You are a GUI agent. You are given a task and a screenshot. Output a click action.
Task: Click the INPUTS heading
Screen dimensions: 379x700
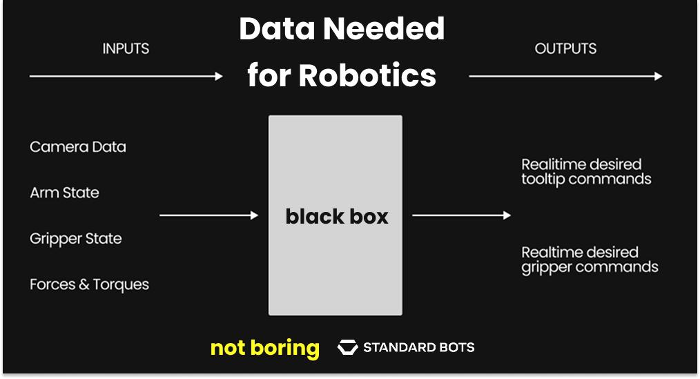coord(126,49)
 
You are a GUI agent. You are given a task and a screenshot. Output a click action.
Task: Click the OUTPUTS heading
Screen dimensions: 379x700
coord(565,49)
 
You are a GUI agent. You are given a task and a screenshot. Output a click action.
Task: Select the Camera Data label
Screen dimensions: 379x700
coord(78,147)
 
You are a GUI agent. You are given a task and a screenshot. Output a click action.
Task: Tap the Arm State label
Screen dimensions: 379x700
coord(64,193)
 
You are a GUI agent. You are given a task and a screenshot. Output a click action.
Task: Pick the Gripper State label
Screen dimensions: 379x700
coord(76,239)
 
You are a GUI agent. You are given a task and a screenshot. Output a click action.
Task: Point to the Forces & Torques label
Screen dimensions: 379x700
coord(89,284)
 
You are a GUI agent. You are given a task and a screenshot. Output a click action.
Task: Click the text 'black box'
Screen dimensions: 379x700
coord(336,216)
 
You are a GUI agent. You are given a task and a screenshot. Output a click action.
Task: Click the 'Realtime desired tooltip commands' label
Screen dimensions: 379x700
coord(586,172)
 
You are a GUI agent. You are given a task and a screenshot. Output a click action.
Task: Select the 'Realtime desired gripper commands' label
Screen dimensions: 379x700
coord(589,260)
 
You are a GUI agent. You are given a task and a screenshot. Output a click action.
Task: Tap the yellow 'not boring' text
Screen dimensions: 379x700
coord(264,348)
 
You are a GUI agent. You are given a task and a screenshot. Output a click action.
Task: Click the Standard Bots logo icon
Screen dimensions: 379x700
coord(347,347)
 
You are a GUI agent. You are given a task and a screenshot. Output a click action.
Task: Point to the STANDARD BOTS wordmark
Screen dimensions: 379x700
coord(418,347)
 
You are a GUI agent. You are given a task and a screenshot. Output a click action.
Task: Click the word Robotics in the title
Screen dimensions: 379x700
coord(367,75)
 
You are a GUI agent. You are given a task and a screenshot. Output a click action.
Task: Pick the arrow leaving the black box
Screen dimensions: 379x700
coord(461,215)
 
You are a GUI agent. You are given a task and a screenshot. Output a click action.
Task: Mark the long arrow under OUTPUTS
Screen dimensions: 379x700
coord(565,76)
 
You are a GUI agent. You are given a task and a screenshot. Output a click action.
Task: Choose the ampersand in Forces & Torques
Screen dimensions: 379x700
coord(88,284)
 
